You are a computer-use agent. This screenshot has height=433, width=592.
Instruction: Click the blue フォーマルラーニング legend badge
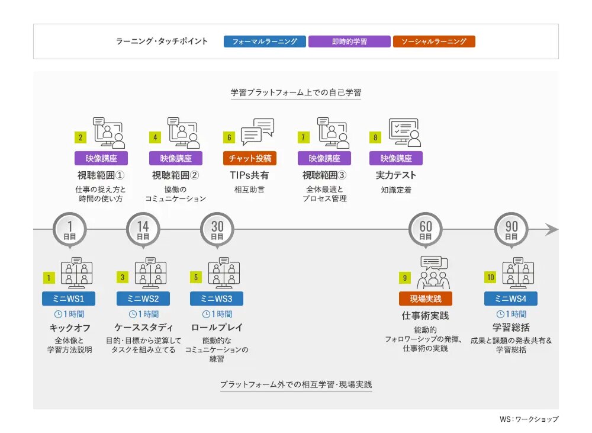[x=265, y=41]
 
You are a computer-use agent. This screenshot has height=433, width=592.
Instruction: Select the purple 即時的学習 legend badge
[x=349, y=41]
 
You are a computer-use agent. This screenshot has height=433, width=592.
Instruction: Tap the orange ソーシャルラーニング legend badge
[x=434, y=41]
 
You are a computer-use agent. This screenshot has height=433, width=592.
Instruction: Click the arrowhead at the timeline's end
[x=552, y=229]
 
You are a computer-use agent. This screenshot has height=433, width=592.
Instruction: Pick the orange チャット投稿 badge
[x=250, y=158]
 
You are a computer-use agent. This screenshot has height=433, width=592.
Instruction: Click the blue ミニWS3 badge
[x=216, y=299]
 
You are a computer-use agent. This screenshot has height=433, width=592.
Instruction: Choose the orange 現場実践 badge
[x=426, y=299]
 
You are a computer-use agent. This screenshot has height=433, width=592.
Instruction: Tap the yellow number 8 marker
[x=375, y=137]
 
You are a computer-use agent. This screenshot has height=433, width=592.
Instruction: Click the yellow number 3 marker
[x=123, y=277]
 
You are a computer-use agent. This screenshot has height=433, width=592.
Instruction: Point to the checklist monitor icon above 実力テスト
[x=405, y=133]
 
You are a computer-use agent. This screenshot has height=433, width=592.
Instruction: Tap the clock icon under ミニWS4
[x=500, y=314]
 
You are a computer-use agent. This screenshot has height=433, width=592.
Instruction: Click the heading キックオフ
[x=69, y=328]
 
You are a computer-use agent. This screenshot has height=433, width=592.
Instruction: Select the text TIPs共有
[x=249, y=175]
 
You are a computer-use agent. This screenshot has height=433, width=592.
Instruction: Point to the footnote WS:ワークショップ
[x=529, y=419]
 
